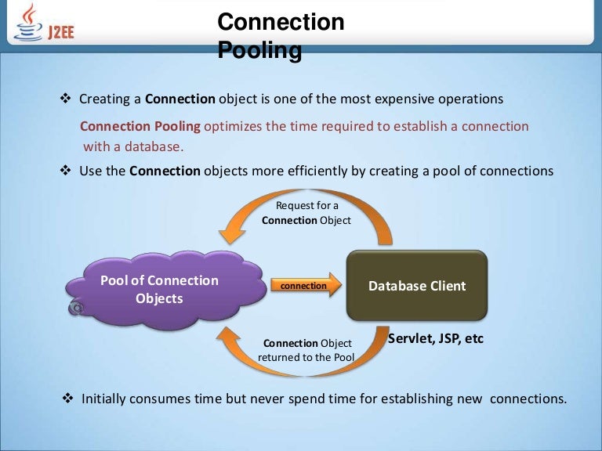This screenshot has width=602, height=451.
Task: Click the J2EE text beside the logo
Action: tap(60, 34)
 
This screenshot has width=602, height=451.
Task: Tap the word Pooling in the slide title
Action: tap(259, 51)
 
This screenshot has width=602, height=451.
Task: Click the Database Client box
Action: tap(417, 286)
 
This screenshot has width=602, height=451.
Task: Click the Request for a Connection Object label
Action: tap(306, 213)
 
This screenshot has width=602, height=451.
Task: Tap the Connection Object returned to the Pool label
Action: tap(306, 351)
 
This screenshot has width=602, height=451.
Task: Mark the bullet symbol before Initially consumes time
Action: tap(67, 399)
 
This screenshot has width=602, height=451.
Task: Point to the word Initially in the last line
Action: tap(107, 399)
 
